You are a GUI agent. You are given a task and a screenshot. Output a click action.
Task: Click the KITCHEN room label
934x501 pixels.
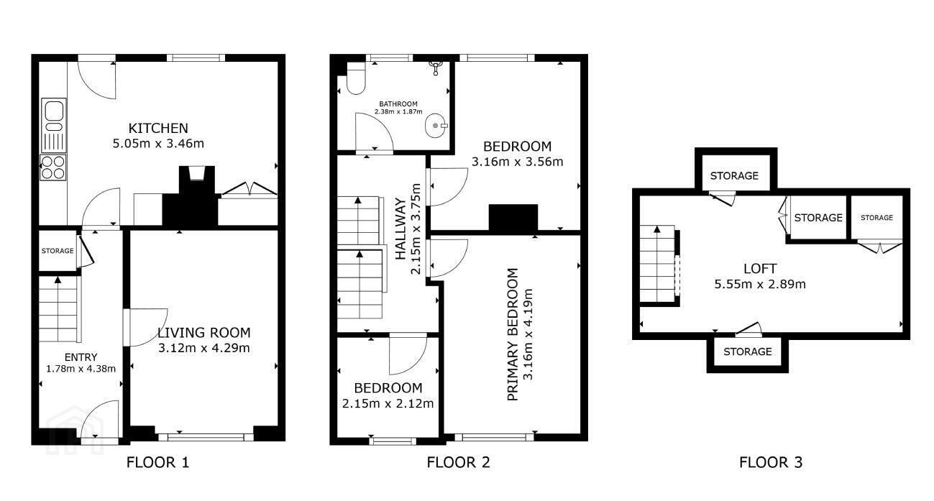point(158,128)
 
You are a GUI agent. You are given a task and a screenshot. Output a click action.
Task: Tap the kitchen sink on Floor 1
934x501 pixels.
point(53,125)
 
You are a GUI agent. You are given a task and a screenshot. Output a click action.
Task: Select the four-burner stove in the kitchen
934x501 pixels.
point(53,167)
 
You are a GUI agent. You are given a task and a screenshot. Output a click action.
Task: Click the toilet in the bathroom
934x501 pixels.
point(356,78)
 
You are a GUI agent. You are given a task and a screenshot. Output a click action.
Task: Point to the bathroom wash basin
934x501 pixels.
point(436,125)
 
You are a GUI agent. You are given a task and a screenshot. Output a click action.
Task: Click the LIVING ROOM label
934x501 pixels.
point(204,333)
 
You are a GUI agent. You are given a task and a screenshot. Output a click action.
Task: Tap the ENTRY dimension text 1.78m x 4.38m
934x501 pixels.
point(81,369)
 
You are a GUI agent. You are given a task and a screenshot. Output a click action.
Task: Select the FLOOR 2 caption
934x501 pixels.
point(458,462)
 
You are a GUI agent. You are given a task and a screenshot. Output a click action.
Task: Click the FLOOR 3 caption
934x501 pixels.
point(771,462)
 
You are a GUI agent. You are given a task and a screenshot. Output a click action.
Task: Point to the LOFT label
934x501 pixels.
point(760,268)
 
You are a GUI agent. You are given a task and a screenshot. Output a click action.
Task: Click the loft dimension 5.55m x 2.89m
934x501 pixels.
point(760,284)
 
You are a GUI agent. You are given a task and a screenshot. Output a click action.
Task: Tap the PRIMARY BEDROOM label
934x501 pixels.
point(513,335)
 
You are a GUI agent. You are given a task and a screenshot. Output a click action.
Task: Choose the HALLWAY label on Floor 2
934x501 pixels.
point(400,229)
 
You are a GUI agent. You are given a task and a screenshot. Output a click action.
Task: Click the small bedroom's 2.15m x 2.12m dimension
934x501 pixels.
point(388,403)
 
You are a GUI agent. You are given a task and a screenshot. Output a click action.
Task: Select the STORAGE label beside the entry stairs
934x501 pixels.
point(58,251)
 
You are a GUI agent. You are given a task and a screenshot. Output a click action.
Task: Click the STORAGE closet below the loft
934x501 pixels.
point(748,351)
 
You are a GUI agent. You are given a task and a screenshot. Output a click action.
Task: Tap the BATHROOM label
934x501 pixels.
point(398,104)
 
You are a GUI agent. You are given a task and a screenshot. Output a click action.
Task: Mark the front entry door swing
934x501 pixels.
point(99,419)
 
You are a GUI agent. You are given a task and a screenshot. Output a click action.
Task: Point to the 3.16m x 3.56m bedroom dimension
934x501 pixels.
point(518,162)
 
